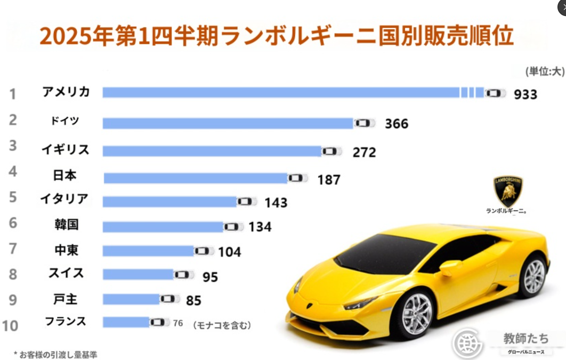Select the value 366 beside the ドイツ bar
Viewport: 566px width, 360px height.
396,124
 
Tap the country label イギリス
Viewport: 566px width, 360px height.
66,150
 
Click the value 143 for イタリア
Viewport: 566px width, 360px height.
275,202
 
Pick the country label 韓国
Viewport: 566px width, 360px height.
66,224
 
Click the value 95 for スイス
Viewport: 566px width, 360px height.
210,277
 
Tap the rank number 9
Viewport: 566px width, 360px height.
13,300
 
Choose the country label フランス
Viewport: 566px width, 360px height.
66,321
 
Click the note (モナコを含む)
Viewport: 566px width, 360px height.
222,324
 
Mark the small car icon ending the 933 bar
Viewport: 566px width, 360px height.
495,93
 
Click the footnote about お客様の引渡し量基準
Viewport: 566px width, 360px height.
55,354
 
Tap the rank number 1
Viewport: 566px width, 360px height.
13,94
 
